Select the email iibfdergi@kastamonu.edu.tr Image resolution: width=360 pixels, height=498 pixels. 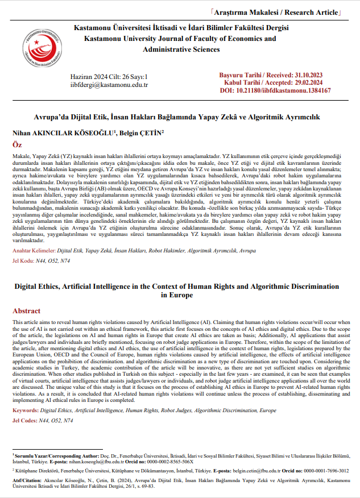tap(109, 85)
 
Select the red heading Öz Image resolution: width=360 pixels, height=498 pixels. tap(17, 146)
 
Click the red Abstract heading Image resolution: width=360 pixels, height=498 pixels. tap(27, 311)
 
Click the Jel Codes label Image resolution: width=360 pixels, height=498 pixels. tap(26, 404)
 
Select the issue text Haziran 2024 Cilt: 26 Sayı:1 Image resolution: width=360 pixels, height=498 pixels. tap(109, 76)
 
